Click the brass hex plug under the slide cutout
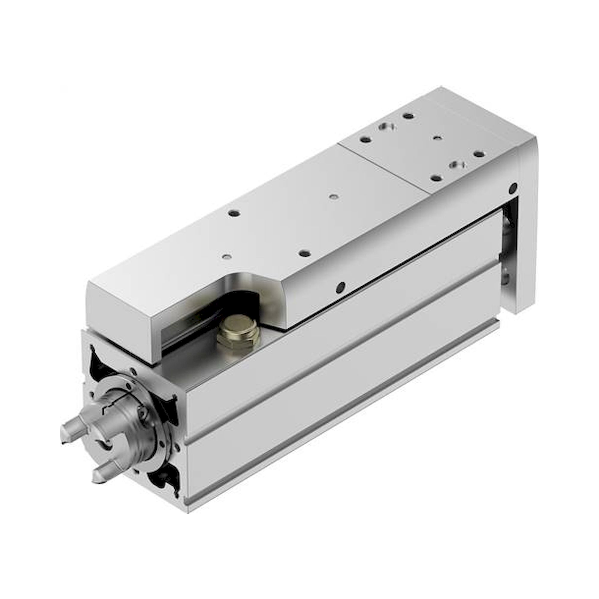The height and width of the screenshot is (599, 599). coord(238,335)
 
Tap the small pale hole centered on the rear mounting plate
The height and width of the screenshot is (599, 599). coord(437,137)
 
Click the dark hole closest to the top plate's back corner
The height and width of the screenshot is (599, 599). coord(409,116)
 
